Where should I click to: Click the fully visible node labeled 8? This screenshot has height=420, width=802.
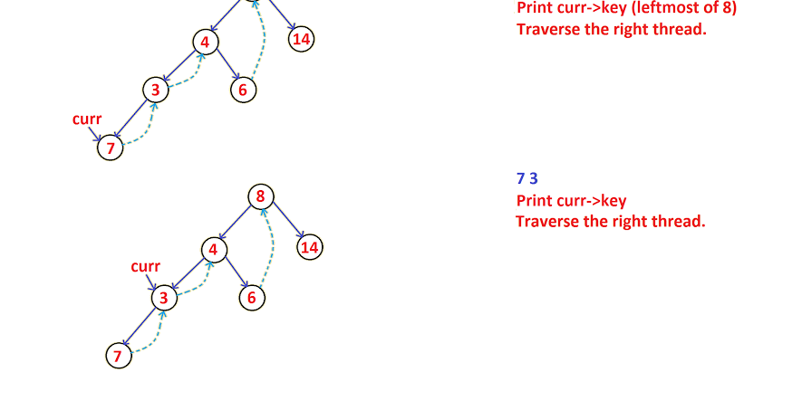coord(260,196)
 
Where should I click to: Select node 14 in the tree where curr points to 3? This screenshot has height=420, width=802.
coord(310,247)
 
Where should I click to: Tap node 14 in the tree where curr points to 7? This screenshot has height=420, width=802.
coord(302,39)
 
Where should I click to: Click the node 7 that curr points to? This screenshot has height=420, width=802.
coord(111,148)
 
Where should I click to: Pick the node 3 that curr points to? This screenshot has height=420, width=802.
coord(164,298)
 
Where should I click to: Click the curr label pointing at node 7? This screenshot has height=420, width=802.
coord(87,119)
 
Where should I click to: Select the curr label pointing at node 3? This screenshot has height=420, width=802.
coord(145,266)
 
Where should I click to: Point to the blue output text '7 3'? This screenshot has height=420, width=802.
coord(527,178)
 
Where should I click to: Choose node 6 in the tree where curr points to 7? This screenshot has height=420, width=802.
coord(242,90)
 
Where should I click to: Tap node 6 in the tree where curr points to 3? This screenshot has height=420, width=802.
coord(253,298)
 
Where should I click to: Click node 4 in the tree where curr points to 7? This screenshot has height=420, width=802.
coord(205,42)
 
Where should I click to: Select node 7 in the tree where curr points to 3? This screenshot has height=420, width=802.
coord(117,356)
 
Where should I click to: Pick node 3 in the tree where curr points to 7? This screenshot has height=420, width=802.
coord(156,89)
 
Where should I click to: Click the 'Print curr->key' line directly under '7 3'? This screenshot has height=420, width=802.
coord(571,201)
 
